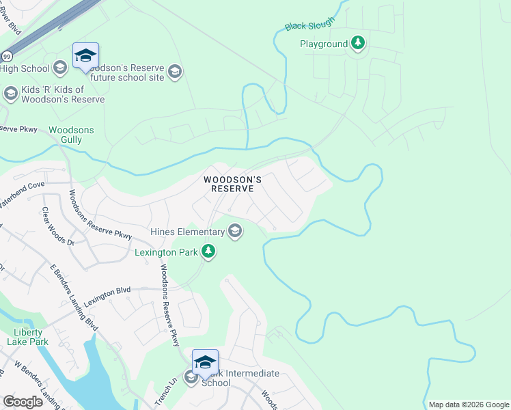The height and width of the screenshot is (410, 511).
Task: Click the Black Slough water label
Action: pos(309,24)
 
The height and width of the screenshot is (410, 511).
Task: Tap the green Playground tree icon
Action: pos(357,44)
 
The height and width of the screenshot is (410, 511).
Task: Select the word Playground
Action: pos(324,44)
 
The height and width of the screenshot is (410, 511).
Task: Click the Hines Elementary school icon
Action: pos(235,232)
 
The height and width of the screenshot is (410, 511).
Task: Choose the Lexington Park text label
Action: pos(167,252)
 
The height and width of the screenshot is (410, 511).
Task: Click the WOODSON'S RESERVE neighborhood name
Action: pos(233,184)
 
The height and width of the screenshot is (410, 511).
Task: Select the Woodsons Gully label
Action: pos(71,135)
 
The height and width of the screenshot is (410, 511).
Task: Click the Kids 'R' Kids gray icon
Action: pos(10,94)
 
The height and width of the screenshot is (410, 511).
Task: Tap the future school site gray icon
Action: pos(175,72)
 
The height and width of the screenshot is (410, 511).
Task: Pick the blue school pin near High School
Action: pos(85,56)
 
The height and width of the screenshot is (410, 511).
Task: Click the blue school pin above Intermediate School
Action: pos(205,363)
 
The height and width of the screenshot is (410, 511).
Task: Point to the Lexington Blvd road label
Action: pos(107,295)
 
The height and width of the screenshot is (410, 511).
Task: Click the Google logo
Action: pos(23,402)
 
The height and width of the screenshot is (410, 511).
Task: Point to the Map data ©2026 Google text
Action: pos(468,405)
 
